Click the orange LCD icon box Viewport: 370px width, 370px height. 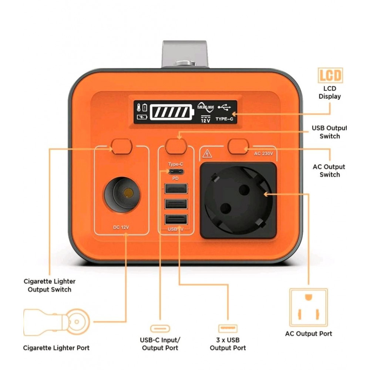(330, 75)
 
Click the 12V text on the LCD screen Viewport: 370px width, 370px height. (205, 120)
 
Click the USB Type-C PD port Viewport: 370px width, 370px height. (176, 171)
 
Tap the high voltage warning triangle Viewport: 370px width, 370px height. (208, 153)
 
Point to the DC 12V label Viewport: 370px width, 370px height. (121, 227)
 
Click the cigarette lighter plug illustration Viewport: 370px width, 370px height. (57, 322)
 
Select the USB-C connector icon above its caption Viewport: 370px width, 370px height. (160, 329)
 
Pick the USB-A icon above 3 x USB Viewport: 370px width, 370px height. (228, 328)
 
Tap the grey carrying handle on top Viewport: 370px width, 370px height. (185, 54)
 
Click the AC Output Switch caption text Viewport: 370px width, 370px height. (329, 171)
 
